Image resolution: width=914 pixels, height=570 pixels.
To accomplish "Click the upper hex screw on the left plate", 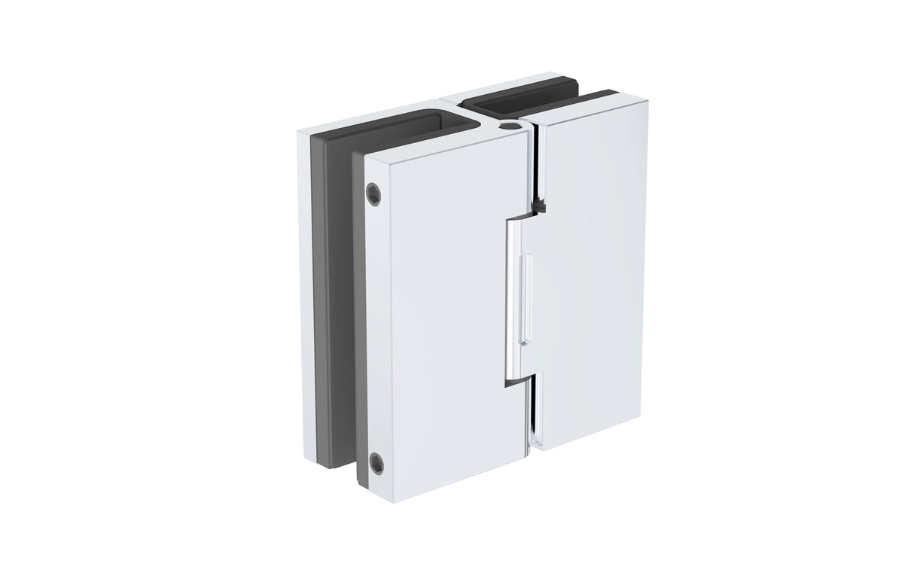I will click(x=375, y=194).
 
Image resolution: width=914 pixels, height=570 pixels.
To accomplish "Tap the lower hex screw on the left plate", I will click(x=376, y=462).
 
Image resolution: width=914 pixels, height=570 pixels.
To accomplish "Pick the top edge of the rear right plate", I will click(x=482, y=84).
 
